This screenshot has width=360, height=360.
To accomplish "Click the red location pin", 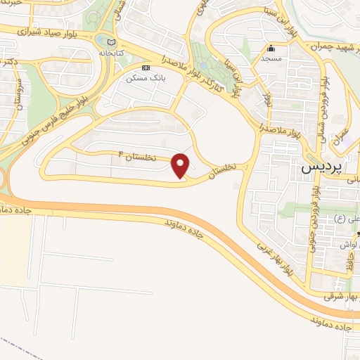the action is click(x=181, y=165).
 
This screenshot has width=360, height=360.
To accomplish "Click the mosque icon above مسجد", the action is click(x=272, y=49).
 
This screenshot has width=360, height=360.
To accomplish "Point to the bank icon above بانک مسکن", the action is click(x=146, y=67).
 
